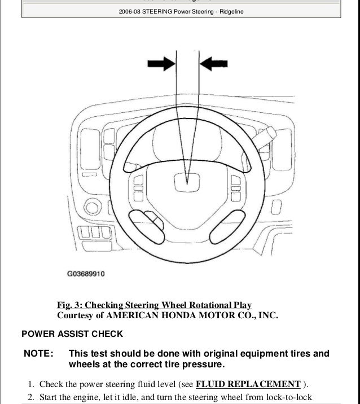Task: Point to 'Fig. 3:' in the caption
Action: click(69, 306)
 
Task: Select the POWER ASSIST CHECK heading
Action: click(71, 334)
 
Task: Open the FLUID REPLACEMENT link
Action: click(248, 384)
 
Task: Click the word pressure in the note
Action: click(196, 365)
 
